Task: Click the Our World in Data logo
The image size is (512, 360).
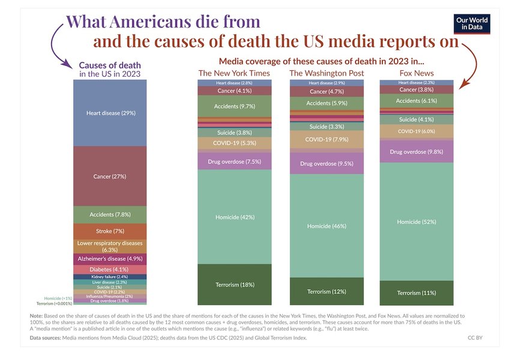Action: (471, 23)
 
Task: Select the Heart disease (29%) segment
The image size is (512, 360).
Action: (110, 112)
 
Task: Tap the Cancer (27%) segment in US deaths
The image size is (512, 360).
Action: (110, 176)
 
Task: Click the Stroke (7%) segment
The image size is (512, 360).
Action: (110, 231)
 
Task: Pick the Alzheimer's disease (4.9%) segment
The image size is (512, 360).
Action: (110, 259)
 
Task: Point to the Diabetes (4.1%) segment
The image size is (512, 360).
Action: (110, 269)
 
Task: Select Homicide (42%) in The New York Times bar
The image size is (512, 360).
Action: (233, 217)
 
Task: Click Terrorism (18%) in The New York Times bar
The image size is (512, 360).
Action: (233, 284)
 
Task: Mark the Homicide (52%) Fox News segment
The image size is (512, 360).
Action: (416, 221)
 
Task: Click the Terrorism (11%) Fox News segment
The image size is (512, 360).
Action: (416, 293)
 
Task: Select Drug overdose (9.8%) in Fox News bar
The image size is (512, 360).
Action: (416, 152)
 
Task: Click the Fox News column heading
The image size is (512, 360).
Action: (416, 73)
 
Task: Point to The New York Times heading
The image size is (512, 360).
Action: (233, 73)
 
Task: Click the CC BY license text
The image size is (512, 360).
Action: (475, 338)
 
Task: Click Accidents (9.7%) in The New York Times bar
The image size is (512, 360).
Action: (233, 106)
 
